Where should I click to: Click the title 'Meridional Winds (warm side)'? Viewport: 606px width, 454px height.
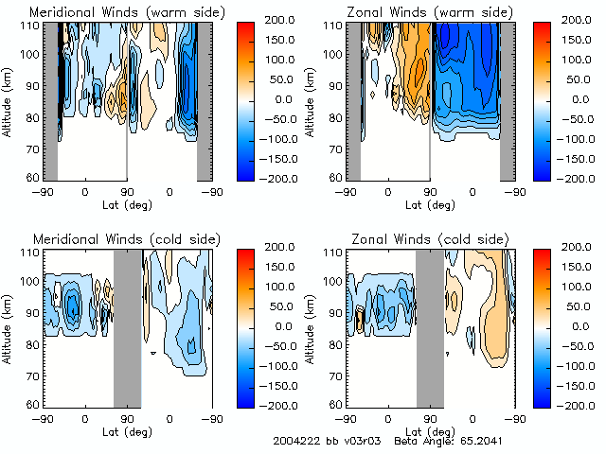[x=114, y=12]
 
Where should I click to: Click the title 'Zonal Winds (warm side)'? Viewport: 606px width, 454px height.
[x=418, y=12]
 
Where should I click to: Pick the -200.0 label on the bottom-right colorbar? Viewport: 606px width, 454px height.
[x=584, y=405]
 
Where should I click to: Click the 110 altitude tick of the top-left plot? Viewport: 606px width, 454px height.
[x=30, y=25]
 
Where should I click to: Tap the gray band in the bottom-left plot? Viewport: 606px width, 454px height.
[x=127, y=327]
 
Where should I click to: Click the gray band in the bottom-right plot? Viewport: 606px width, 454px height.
[x=430, y=327]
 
